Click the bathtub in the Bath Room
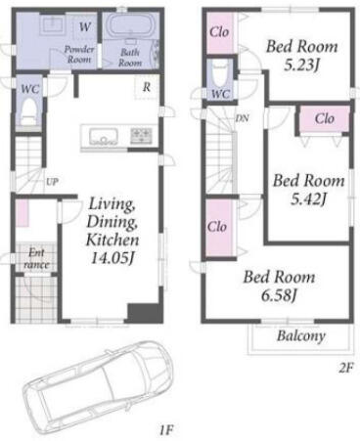(x=130, y=26)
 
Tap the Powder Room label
(x=79, y=55)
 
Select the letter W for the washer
(x=85, y=26)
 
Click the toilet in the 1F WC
(x=28, y=111)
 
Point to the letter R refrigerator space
(x=147, y=87)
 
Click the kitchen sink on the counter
(x=104, y=137)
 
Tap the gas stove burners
(x=141, y=136)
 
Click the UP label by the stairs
(x=52, y=182)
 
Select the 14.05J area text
(x=112, y=258)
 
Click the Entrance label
(x=36, y=258)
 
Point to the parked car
(x=98, y=385)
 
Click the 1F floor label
(x=165, y=430)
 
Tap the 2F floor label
(x=346, y=368)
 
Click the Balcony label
(x=301, y=336)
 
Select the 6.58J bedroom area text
(x=279, y=295)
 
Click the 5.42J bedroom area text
(x=308, y=199)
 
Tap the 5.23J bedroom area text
(x=301, y=66)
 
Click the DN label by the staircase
(x=243, y=118)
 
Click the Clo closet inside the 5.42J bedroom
(x=325, y=118)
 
